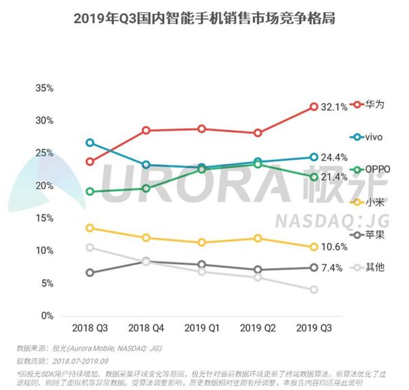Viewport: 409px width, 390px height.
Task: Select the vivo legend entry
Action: [368, 137]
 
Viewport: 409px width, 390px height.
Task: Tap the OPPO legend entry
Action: [371, 169]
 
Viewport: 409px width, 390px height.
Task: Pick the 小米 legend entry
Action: [368, 202]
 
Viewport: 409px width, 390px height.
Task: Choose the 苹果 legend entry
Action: [368, 234]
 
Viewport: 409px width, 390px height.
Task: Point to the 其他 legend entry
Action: [368, 267]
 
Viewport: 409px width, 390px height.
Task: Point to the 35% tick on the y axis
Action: [44, 88]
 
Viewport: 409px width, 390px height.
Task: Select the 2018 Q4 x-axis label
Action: [146, 328]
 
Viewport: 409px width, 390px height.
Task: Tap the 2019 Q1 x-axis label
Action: [202, 328]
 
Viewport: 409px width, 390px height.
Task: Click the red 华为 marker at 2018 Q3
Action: [90, 161]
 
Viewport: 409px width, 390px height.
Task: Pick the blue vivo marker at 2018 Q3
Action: [90, 143]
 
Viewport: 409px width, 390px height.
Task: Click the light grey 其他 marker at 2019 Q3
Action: [314, 289]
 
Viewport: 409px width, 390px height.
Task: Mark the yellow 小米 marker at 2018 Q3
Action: [90, 228]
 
